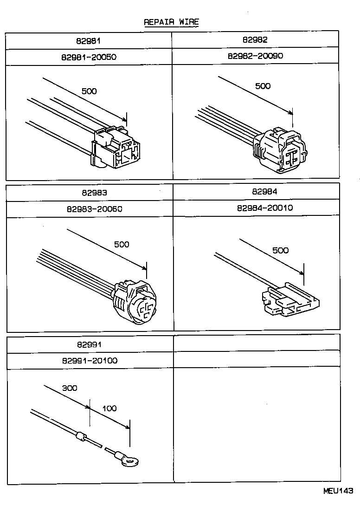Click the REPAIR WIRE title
[x=171, y=22]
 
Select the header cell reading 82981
[x=89, y=40]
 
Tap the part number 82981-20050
[x=89, y=57]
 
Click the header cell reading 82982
[x=255, y=40]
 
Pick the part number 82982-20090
[x=255, y=56]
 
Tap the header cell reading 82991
[x=90, y=344]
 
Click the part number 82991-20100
[x=89, y=361]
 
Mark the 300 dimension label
[x=70, y=388]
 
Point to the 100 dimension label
[x=109, y=409]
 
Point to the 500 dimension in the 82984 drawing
[x=280, y=250]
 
